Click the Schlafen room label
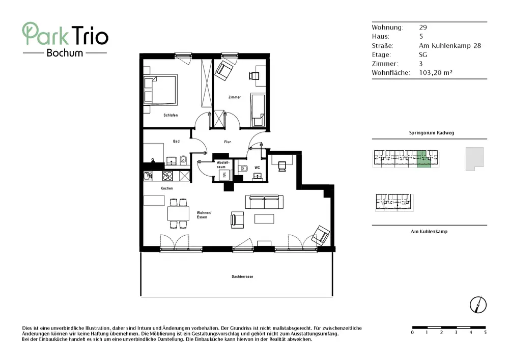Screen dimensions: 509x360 [171, 115]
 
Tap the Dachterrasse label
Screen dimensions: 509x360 [242, 276]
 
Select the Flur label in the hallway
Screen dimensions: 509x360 [227, 142]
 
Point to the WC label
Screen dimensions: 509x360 [257, 168]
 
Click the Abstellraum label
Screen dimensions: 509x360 [223, 164]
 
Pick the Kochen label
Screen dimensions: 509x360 [166, 188]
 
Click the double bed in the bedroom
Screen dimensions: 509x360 [160, 89]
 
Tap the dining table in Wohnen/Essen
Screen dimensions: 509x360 [178, 213]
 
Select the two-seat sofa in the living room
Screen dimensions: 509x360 [264, 202]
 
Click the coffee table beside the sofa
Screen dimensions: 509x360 [264, 219]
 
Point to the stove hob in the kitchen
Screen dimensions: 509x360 [167, 176]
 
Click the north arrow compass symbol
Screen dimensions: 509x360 [478, 305]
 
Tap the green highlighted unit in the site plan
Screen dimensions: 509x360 [423, 159]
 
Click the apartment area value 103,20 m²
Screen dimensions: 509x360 [436, 73]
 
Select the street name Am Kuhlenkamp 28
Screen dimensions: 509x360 [450, 46]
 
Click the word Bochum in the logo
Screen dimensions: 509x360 [65, 53]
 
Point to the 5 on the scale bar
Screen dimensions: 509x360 [485, 333]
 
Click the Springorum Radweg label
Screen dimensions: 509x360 [432, 133]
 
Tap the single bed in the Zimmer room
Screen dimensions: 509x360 [259, 110]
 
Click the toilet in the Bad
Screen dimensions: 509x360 [183, 160]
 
